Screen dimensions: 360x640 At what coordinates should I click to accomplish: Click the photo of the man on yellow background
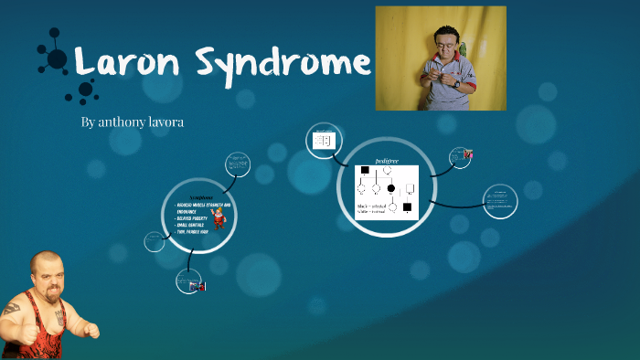click(441, 58)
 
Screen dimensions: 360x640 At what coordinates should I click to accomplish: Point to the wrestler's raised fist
click(90, 329)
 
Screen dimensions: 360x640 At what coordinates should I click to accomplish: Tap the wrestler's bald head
click(44, 266)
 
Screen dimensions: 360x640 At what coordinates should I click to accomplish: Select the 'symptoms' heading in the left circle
click(201, 196)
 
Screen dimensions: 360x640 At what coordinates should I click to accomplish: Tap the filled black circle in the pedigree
click(391, 188)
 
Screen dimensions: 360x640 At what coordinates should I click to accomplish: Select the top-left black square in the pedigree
click(365, 170)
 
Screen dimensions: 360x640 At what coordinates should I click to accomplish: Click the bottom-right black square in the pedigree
click(407, 207)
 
